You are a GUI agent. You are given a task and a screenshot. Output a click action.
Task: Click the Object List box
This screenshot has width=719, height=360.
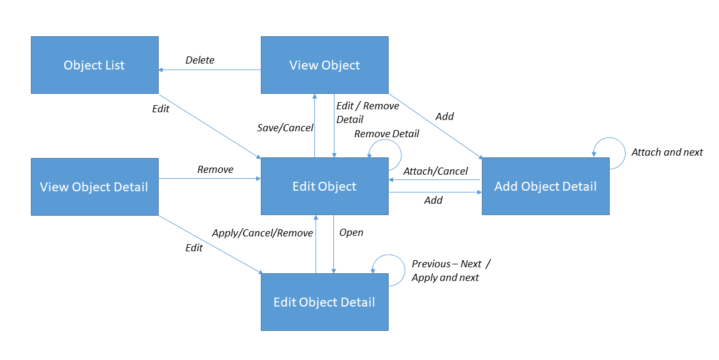[94, 65]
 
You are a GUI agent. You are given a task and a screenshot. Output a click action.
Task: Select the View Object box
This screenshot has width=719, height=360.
[324, 65]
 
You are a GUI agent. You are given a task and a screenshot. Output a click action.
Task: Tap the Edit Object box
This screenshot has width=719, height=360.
[324, 187]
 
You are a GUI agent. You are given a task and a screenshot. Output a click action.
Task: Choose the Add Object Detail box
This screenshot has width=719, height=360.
[545, 187]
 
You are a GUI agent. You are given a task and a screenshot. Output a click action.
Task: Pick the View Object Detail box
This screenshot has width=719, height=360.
[94, 187]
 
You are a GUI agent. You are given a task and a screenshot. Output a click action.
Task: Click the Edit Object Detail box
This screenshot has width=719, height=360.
[324, 302]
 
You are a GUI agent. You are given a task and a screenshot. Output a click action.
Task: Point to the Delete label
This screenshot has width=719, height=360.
[200, 60]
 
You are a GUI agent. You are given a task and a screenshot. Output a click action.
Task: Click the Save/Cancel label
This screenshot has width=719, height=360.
[285, 128]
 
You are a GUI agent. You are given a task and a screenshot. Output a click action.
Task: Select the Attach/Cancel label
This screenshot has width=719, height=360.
[436, 171]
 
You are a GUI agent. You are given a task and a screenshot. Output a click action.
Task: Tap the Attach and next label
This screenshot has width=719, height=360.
[667, 152]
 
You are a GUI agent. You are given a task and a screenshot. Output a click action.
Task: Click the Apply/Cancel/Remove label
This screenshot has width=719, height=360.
[262, 233]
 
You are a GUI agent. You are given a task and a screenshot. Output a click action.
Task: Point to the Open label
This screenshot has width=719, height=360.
[351, 232]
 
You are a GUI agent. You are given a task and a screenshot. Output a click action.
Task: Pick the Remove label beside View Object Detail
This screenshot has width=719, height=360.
[215, 169]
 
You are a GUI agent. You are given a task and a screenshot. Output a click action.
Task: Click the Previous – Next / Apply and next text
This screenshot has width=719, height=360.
[451, 270]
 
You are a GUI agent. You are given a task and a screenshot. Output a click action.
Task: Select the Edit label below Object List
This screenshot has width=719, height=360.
[160, 109]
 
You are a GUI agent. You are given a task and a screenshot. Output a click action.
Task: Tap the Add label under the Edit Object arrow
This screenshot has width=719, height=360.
[433, 200]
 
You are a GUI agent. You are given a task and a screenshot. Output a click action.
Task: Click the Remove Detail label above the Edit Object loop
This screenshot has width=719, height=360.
[386, 134]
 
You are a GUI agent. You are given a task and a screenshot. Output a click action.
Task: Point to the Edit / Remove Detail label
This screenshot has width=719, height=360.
[367, 112]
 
